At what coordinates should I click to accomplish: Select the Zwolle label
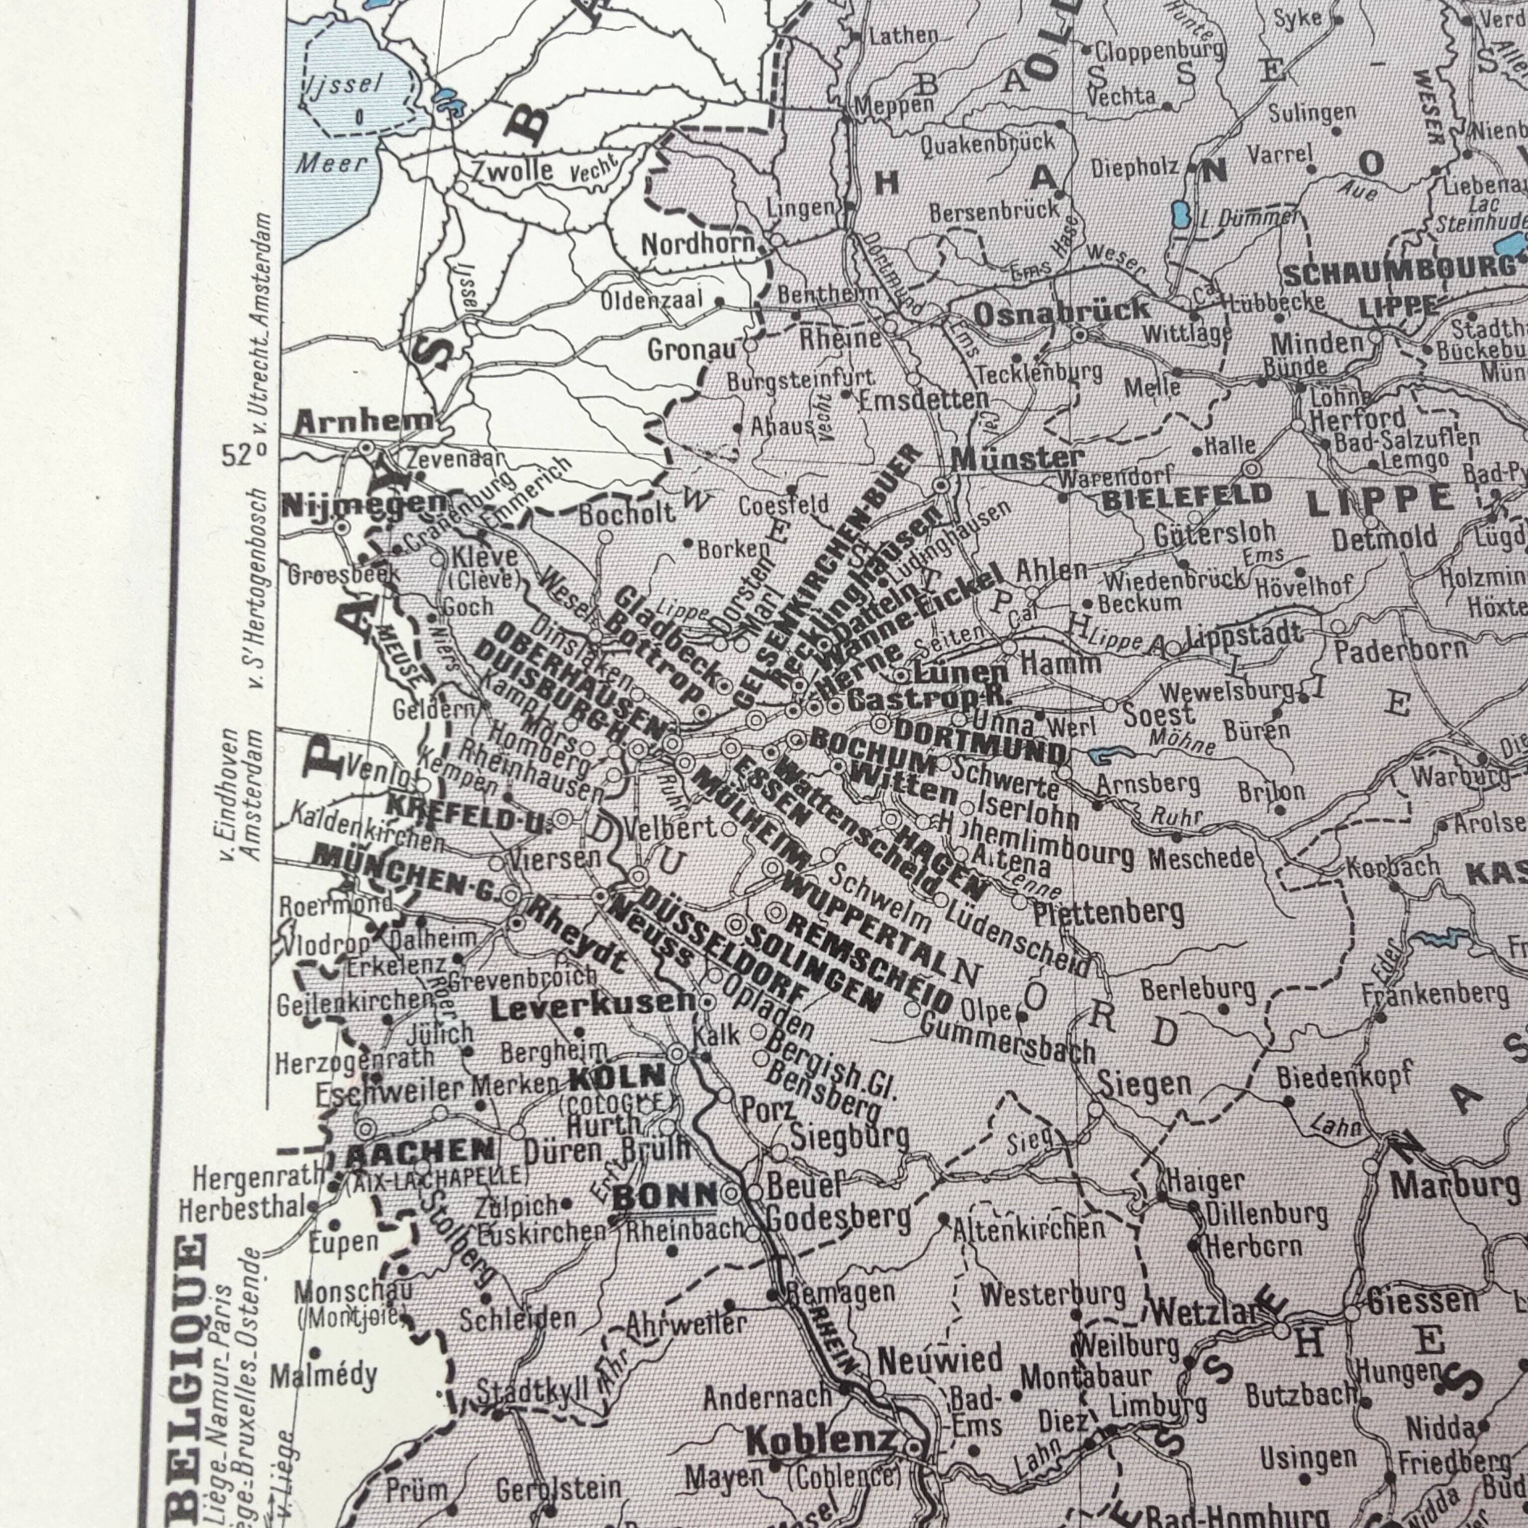(x=512, y=170)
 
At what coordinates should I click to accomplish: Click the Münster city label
(x=1016, y=458)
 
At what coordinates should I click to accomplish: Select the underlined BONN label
(x=665, y=1197)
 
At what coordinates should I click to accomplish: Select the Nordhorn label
(x=697, y=244)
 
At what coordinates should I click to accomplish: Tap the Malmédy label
(x=323, y=1377)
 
